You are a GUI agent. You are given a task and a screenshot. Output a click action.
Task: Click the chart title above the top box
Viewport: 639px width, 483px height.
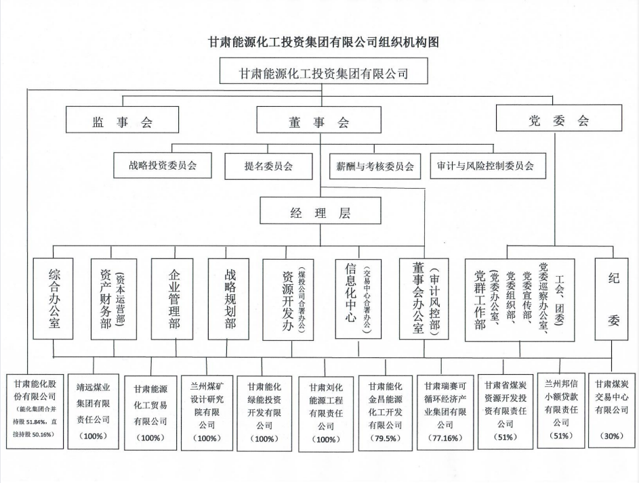324,43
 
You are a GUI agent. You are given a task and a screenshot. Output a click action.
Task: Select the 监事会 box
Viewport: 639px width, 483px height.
123,122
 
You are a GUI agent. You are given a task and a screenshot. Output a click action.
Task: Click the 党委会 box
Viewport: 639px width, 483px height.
559,121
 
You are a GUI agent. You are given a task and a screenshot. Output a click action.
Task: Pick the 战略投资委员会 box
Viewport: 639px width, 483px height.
163,164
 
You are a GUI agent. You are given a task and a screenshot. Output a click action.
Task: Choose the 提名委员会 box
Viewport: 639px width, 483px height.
268,165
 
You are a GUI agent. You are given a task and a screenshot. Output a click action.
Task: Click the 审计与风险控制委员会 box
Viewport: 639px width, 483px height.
487,164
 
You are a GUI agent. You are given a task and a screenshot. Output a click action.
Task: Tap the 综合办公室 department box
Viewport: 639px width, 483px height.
55,298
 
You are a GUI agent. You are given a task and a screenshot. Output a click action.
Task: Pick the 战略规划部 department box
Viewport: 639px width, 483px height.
230,298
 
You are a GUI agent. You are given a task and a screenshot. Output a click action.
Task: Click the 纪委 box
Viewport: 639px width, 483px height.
613,298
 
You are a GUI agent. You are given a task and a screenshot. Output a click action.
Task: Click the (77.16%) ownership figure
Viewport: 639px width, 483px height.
445,438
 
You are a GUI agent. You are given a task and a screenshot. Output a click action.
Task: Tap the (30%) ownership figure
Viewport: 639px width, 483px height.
613,436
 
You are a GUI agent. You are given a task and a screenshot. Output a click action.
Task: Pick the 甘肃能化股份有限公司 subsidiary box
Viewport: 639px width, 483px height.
35,409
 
